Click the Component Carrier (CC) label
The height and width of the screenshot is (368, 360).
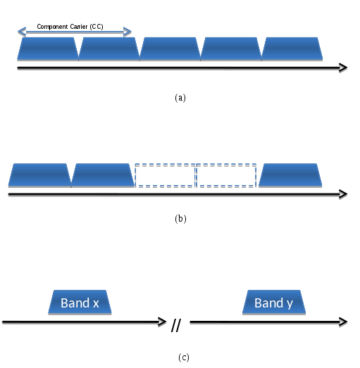[70, 27]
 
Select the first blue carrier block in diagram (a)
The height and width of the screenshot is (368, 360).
[48, 49]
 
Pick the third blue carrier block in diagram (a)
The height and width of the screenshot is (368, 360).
[170, 49]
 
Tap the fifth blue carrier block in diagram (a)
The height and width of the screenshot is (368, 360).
[292, 49]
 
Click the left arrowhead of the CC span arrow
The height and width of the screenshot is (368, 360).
[22, 32]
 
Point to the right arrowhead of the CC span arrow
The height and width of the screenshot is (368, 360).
[128, 32]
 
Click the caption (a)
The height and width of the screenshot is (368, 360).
[180, 98]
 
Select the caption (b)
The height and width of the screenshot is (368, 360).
[180, 219]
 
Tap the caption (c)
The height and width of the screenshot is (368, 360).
[184, 357]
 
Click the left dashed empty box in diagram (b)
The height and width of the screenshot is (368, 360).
[165, 164]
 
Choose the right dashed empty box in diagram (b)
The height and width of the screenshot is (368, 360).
[226, 164]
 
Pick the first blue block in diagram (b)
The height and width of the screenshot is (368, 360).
[39, 175]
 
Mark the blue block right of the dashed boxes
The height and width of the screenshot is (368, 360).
[290, 175]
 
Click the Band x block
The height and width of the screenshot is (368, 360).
[80, 302]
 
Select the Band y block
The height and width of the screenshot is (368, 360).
[274, 302]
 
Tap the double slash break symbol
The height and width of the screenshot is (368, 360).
[176, 325]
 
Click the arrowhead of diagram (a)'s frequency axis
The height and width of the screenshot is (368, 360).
[344, 68]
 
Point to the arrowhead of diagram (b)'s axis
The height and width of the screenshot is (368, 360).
[344, 194]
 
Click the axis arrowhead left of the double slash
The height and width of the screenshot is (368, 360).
[162, 322]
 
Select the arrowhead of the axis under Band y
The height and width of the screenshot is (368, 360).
[344, 322]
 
